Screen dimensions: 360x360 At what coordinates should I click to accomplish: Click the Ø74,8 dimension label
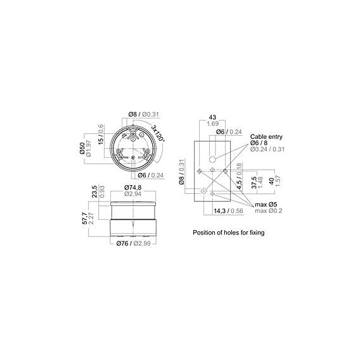(133, 188)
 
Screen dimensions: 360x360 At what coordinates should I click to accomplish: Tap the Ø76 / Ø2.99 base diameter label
(133, 243)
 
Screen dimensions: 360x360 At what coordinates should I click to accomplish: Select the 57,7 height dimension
(84, 218)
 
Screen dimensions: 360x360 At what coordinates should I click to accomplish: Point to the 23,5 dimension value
(94, 191)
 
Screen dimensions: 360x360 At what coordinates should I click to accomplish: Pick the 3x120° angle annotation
(158, 133)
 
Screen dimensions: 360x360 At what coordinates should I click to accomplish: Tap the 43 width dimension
(212, 117)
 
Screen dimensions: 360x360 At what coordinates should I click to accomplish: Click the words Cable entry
(266, 137)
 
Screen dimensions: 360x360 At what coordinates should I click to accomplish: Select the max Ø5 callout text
(266, 204)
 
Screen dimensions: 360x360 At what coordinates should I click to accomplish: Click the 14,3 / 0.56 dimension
(228, 211)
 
